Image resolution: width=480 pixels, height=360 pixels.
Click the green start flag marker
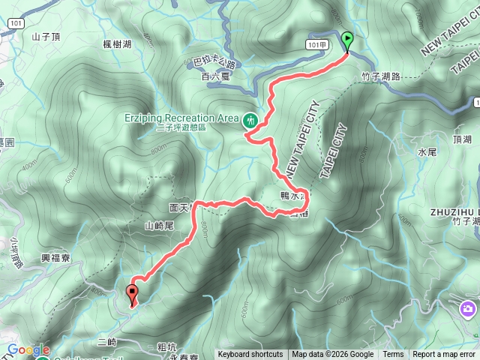347,40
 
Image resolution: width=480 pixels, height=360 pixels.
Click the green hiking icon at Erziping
250,118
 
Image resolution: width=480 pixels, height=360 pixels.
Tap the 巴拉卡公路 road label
214,63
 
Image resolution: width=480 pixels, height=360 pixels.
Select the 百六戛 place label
214,76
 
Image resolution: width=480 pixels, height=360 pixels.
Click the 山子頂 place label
46,35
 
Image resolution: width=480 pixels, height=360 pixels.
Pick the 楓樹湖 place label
117,45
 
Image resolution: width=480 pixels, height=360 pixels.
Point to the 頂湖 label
462,139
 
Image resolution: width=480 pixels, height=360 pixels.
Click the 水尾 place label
425,152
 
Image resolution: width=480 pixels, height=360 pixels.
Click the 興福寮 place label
55,257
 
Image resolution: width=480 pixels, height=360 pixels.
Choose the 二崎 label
107,342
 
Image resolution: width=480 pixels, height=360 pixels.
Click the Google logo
27,349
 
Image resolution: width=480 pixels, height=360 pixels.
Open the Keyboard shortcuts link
250,355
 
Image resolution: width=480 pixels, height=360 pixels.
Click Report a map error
445,355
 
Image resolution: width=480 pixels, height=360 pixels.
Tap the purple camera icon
469,309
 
